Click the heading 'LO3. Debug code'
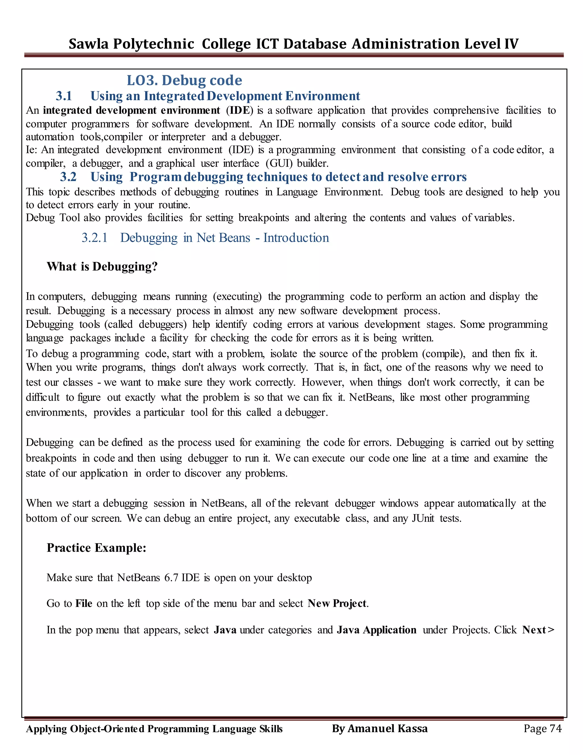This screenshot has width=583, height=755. [184, 80]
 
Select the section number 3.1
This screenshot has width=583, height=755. [64, 96]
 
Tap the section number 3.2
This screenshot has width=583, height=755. [68, 177]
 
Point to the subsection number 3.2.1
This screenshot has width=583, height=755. [95, 238]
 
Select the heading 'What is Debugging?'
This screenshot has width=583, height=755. [102, 267]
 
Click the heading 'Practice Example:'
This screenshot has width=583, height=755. [97, 548]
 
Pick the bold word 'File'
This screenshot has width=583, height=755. [84, 603]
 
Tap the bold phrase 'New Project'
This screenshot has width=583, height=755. [337, 603]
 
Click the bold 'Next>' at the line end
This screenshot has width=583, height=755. [538, 630]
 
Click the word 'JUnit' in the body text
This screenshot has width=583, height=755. [423, 518]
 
